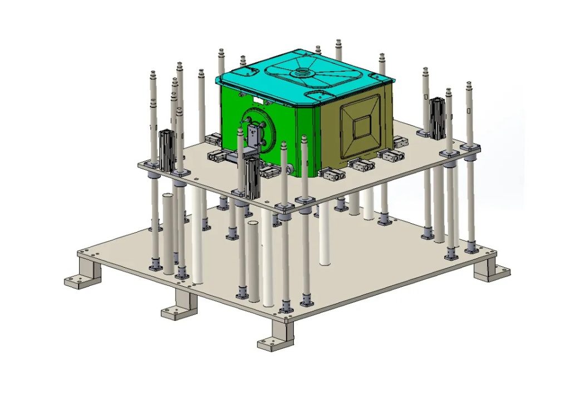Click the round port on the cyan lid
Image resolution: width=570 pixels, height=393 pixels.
click(304, 72)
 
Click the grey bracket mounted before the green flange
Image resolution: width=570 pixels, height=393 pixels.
click(252, 136)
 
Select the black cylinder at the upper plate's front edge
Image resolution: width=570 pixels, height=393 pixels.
click(252, 177)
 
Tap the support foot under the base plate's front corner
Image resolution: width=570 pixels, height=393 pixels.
click(277, 336)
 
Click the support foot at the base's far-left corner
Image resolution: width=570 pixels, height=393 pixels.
click(81, 275)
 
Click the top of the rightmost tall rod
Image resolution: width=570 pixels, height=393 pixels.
click(469, 86)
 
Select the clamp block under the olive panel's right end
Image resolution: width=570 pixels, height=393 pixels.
click(392, 156)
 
